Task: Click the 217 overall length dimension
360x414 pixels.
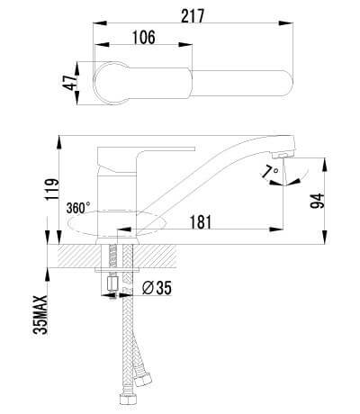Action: click(x=193, y=16)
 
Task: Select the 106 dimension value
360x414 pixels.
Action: click(x=144, y=38)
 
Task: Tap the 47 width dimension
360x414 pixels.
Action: click(x=70, y=83)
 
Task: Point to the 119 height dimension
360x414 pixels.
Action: click(x=51, y=190)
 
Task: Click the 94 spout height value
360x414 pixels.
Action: click(x=318, y=201)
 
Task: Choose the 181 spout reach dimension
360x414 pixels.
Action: click(x=201, y=222)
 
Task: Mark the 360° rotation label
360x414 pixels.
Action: click(x=78, y=208)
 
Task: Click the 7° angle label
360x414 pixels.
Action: click(x=269, y=172)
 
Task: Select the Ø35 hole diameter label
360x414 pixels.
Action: click(x=157, y=288)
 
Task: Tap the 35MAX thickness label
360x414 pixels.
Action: click(x=40, y=314)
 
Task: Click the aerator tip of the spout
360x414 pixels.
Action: click(x=278, y=156)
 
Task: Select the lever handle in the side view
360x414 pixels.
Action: click(x=147, y=158)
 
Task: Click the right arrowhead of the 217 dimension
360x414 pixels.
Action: click(x=285, y=23)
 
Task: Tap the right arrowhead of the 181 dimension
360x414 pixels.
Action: click(x=276, y=229)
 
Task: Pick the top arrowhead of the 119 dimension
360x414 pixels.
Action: click(x=60, y=143)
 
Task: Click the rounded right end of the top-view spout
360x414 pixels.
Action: click(x=287, y=83)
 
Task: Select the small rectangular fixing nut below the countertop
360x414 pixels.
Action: click(x=113, y=283)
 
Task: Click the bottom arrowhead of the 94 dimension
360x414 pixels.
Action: click(x=325, y=237)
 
